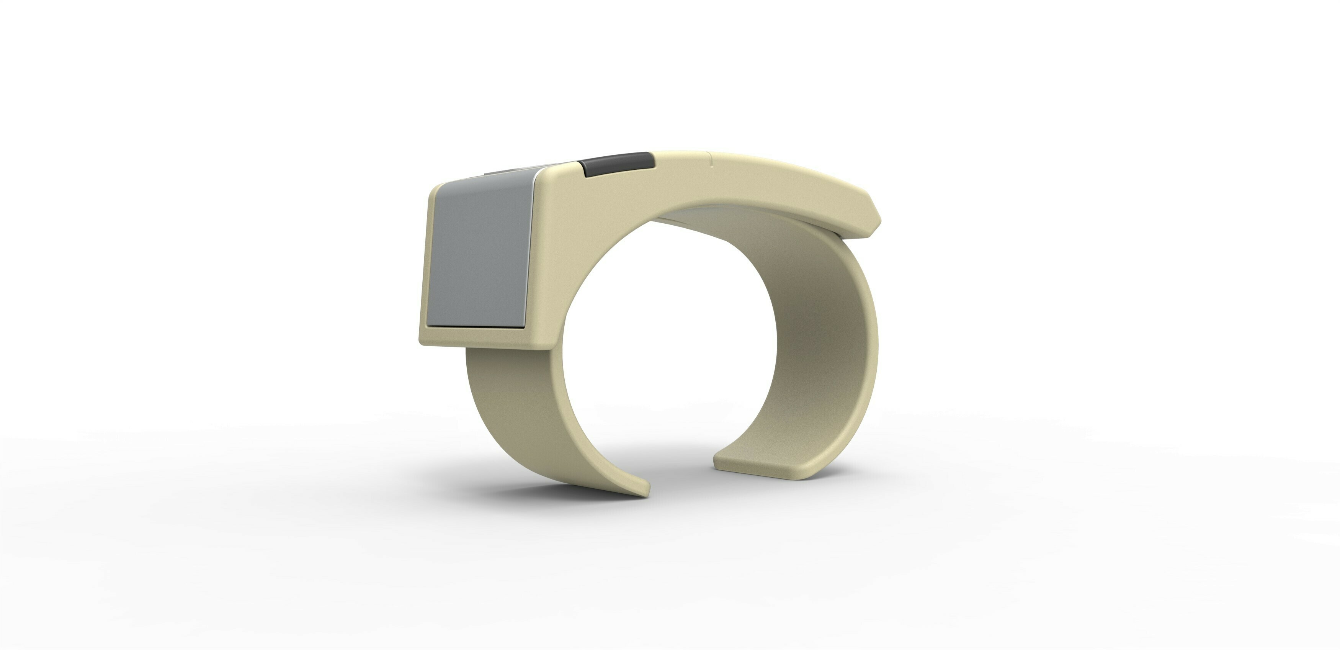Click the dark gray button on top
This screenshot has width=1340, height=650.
[x=618, y=164]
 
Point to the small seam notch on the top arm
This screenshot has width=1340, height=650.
[x=711, y=159]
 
